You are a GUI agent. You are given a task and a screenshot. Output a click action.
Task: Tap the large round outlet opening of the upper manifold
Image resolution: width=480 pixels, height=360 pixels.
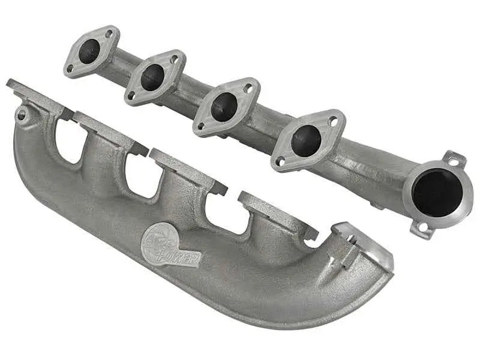click(x=437, y=193)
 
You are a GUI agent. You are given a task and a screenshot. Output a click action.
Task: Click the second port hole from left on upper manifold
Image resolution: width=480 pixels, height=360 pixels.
click(x=152, y=77)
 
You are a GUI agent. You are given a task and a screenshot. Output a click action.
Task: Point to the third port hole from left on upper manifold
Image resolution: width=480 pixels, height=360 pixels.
click(x=224, y=107)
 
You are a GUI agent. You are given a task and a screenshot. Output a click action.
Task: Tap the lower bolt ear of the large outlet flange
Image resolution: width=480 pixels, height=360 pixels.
click(x=422, y=228)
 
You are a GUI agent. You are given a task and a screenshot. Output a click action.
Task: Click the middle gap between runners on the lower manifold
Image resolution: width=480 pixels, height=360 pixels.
click(x=143, y=173)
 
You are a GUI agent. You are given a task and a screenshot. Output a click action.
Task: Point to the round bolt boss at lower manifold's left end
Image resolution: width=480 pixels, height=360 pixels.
click(x=22, y=114)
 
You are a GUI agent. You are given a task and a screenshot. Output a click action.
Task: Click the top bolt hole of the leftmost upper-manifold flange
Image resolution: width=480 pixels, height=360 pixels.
click(x=110, y=34)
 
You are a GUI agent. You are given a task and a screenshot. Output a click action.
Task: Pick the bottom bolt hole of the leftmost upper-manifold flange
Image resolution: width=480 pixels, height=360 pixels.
click(x=70, y=68)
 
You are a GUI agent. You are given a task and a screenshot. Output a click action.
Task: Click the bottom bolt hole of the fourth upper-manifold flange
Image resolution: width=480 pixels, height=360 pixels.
click(x=280, y=161)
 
